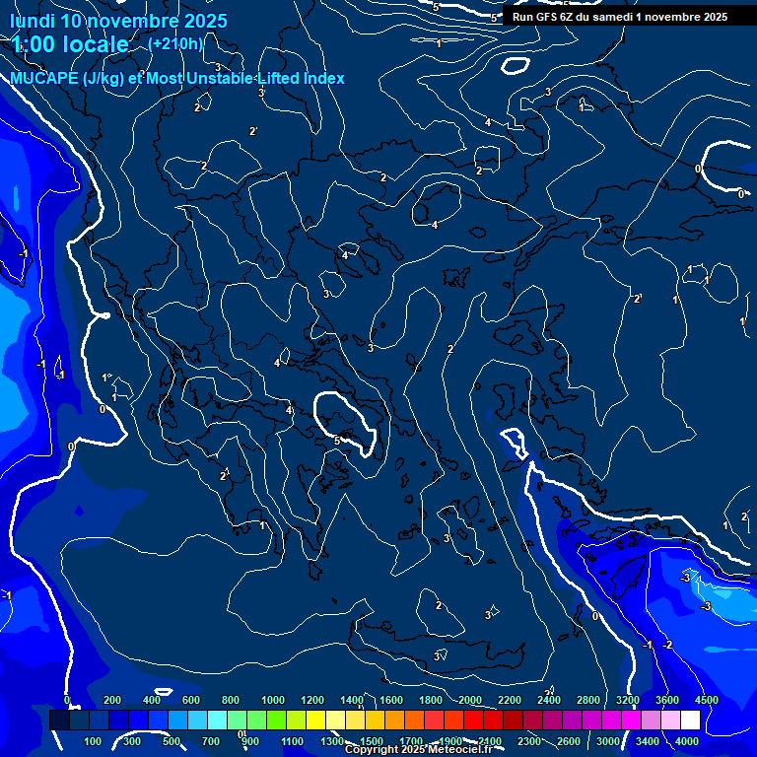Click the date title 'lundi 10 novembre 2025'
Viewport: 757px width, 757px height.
click(118, 21)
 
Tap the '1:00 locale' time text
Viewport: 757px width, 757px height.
click(70, 44)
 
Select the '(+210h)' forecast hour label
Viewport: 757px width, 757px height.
click(175, 44)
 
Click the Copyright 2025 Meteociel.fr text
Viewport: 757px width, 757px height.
click(418, 750)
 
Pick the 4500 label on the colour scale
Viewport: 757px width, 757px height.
click(705, 700)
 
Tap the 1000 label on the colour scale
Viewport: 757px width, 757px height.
click(273, 700)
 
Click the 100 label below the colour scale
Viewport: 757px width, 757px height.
click(93, 741)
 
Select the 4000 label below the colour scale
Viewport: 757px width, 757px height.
click(687, 741)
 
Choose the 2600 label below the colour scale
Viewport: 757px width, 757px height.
click(569, 741)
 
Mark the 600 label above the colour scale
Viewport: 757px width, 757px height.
click(190, 700)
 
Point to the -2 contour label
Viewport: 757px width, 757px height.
click(667, 645)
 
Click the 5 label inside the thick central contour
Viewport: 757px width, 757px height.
click(336, 441)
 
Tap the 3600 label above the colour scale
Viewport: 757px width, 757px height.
click(666, 700)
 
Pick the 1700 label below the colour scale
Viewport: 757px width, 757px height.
click(411, 741)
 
